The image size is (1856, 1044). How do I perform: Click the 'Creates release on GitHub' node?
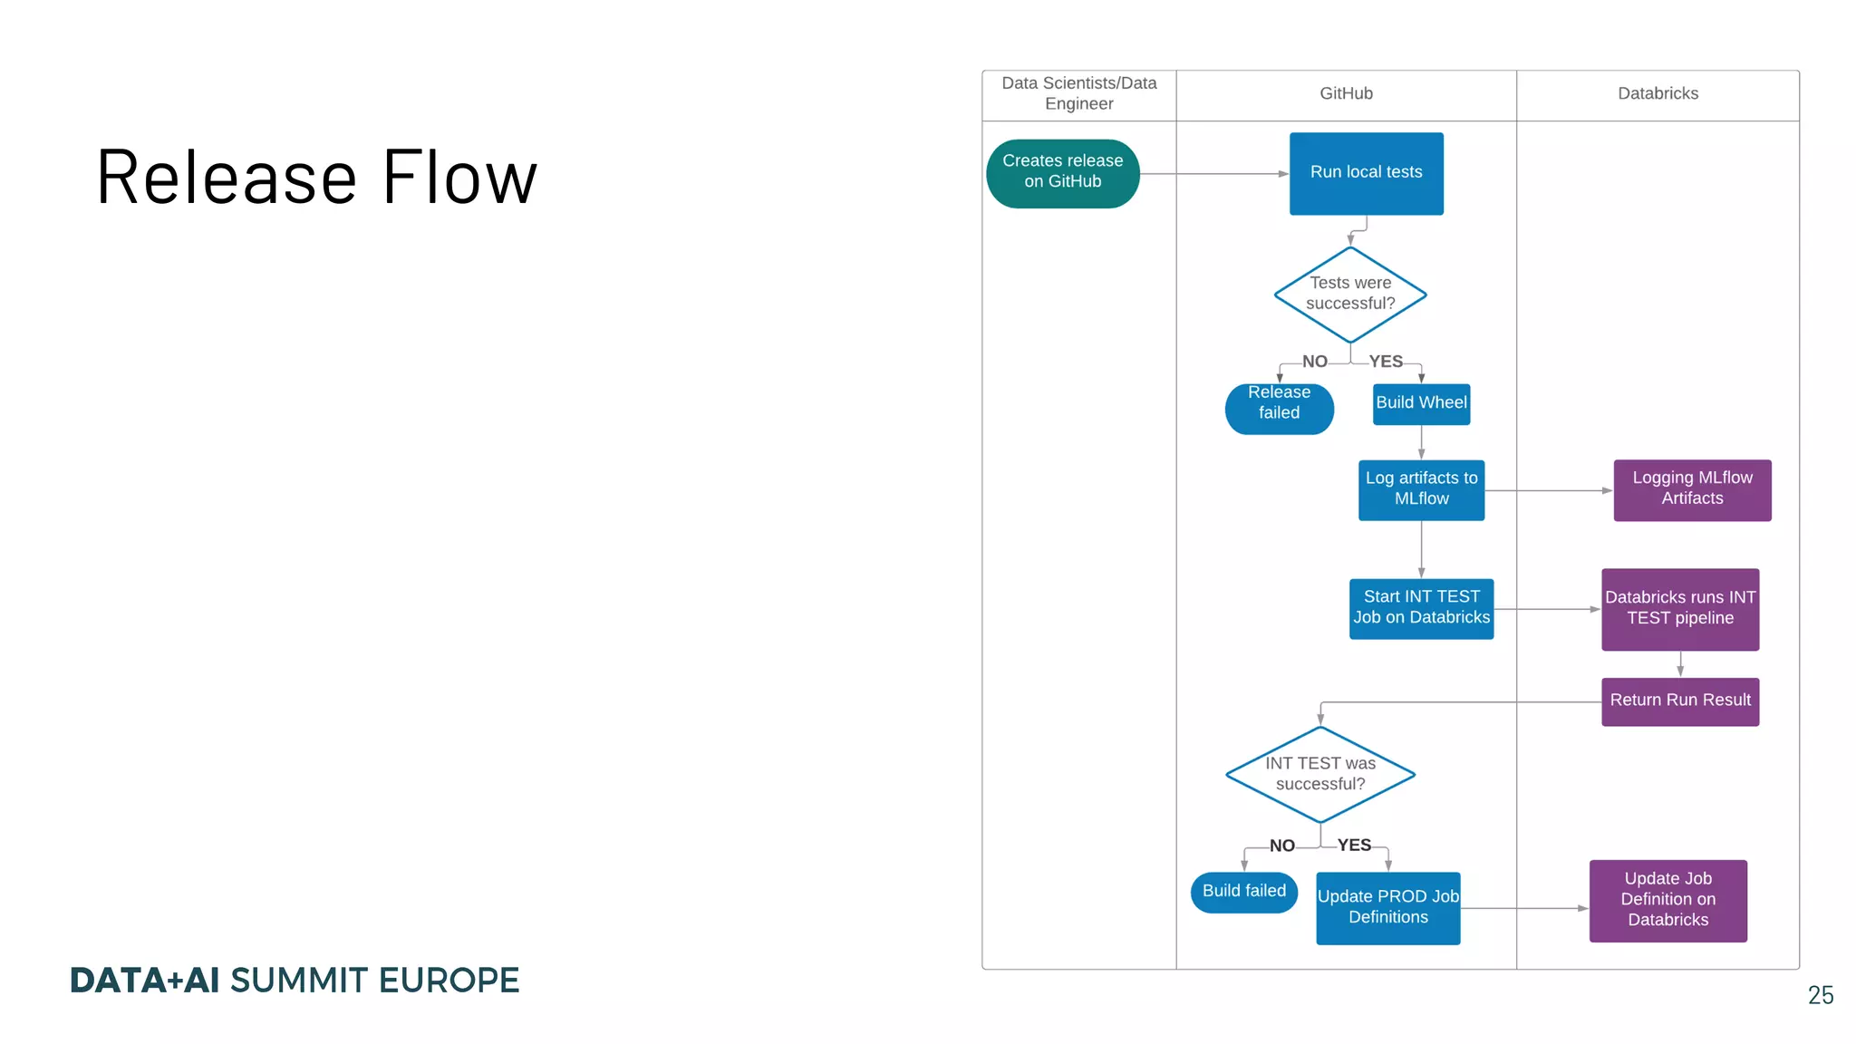click(1062, 173)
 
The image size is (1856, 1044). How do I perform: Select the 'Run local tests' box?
click(1366, 173)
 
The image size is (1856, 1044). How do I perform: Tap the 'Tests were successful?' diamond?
click(1350, 294)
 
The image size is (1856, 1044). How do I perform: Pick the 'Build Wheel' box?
click(1421, 403)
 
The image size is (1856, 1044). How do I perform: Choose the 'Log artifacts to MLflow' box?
click(1421, 489)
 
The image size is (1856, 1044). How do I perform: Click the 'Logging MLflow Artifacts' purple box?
click(1692, 489)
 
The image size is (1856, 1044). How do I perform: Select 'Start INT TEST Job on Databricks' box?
click(1421, 608)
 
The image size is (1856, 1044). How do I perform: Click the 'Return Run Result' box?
click(1680, 701)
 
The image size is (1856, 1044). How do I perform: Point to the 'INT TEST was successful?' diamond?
click(1320, 774)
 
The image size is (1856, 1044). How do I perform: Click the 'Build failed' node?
click(1243, 892)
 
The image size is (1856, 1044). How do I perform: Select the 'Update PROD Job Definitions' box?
click(1387, 907)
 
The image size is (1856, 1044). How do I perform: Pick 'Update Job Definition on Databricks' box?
click(1667, 900)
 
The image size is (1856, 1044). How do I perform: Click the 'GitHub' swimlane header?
click(1346, 94)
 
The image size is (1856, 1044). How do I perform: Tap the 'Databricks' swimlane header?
click(1658, 94)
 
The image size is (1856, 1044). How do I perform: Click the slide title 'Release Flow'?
click(317, 178)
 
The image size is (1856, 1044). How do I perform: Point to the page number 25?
click(1820, 995)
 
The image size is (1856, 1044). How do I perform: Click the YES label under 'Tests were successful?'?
click(1386, 362)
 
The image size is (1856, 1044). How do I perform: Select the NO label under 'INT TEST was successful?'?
click(1281, 846)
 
